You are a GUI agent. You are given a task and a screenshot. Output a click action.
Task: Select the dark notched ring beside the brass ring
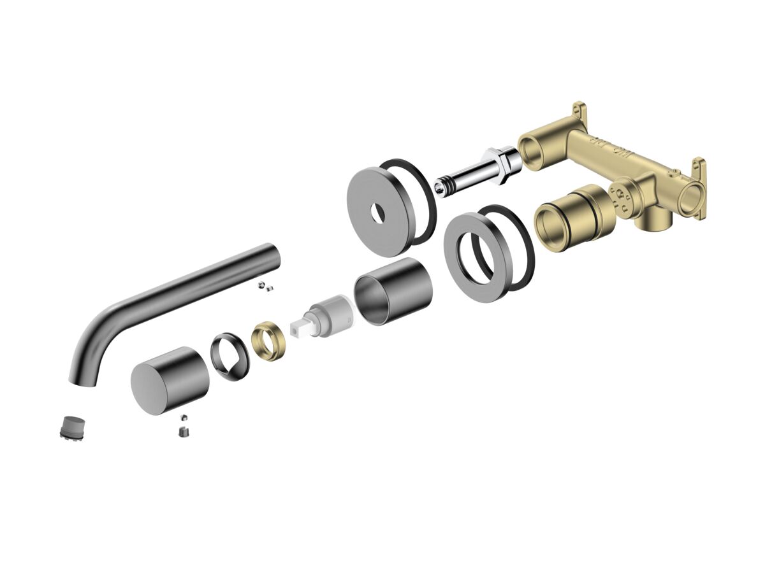(x=229, y=357)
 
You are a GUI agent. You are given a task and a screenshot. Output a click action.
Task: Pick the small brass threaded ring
(x=268, y=341)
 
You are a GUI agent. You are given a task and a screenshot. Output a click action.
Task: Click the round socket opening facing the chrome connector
(x=533, y=148)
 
